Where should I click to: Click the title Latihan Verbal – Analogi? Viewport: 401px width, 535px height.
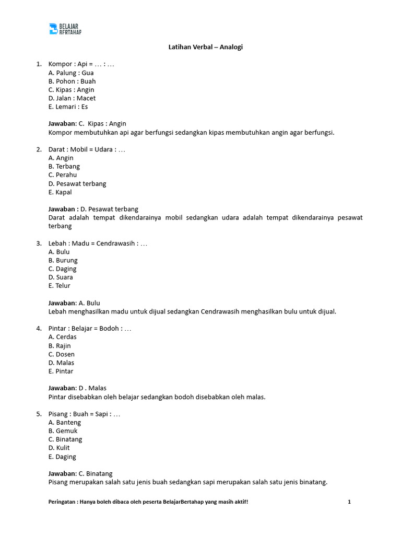(205, 47)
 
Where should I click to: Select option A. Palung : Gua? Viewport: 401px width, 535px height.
(71, 73)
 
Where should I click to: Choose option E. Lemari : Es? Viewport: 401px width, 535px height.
(68, 107)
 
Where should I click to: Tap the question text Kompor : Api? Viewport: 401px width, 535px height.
(81, 64)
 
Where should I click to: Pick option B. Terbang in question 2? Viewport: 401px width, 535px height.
(64, 166)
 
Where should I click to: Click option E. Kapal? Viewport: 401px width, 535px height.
(60, 192)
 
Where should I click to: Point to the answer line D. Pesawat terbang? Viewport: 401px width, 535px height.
(93, 209)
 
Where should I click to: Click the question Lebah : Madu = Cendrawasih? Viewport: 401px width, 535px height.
(98, 243)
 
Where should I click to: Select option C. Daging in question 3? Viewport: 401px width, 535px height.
(62, 269)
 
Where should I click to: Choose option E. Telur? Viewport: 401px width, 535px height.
(59, 285)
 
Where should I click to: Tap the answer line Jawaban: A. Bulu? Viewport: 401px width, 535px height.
(74, 303)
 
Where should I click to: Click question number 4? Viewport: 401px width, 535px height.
(39, 328)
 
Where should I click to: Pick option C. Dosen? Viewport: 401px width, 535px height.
(62, 354)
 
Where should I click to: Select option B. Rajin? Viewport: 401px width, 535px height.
(60, 345)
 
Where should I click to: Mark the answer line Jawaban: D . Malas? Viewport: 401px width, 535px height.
(77, 388)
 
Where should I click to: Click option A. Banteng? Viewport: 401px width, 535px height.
(65, 422)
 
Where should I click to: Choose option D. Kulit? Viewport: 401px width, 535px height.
(59, 447)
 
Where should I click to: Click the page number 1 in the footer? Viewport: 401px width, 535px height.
(349, 502)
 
